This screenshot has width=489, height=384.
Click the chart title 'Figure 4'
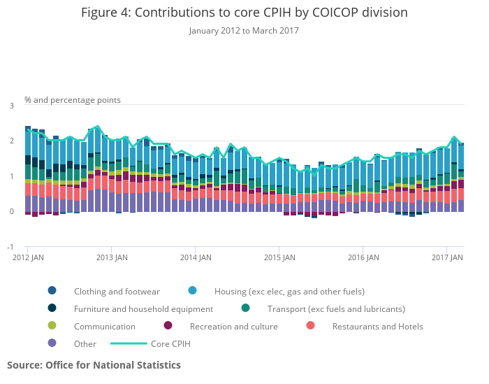point(244,13)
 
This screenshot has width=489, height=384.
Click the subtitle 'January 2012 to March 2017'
point(244,31)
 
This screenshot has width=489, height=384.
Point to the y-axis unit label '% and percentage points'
point(73,100)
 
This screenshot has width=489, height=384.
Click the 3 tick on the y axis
point(11,106)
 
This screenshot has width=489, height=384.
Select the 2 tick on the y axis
point(11,141)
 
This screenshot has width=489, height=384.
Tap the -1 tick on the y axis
point(10,247)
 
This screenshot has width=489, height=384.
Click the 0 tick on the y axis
point(11,212)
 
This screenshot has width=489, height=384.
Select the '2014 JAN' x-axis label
point(195,258)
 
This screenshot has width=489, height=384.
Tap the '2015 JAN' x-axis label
point(279,258)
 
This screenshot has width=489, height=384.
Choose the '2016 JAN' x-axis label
point(363,258)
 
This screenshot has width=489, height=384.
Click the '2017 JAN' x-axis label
point(446,258)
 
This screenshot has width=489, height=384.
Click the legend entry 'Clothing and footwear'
point(117,291)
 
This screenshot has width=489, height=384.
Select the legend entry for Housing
point(289,291)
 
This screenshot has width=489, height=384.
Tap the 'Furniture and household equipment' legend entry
point(143,308)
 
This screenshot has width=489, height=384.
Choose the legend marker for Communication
point(52,326)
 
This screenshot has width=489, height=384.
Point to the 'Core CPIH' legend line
point(148,343)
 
